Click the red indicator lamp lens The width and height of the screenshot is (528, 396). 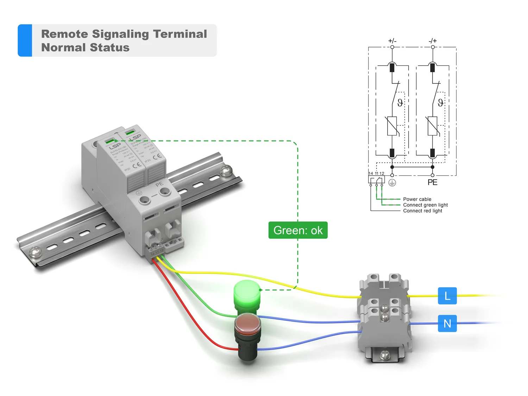pos(247,323)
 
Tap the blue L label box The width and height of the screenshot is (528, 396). pos(447,296)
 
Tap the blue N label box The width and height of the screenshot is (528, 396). pos(447,323)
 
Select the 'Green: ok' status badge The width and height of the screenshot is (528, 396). pos(298,230)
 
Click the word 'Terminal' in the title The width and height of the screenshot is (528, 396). pos(180,34)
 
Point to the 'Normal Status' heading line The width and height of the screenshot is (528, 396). pos(85,48)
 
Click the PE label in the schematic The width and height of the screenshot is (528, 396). pos(432,182)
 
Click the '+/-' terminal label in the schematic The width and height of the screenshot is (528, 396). pos(392,41)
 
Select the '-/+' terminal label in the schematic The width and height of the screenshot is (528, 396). pos(433,41)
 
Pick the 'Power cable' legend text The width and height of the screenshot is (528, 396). pos(417,199)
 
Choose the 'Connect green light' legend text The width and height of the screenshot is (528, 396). pos(425,205)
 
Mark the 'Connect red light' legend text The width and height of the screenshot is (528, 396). pos(422,211)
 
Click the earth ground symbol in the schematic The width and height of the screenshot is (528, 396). pos(392,182)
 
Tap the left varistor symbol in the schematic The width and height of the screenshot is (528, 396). pos(392,126)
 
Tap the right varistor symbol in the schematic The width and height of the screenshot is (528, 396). pos(433,126)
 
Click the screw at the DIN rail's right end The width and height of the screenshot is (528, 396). pos(226,171)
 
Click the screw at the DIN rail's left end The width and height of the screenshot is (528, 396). pos(35,251)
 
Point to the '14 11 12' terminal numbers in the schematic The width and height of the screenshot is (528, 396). pos(376,174)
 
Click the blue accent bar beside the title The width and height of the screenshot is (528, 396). pos(25,40)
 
